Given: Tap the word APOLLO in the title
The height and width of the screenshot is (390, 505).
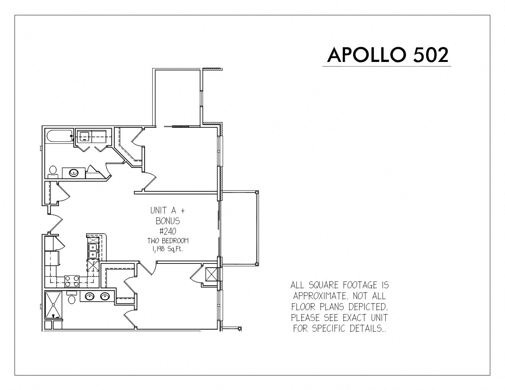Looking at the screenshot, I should tap(366, 55).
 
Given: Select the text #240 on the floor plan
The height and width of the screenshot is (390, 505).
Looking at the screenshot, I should tap(168, 231).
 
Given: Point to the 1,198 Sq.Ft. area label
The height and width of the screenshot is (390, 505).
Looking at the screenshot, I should tap(168, 249).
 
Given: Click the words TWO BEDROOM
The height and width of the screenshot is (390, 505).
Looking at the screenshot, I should tap(168, 240).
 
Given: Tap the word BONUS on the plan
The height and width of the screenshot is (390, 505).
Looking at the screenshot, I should tap(168, 221).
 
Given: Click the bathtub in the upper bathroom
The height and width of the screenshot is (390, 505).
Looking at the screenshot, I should tap(59, 136).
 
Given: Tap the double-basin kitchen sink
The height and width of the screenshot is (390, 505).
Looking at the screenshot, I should tap(93, 251).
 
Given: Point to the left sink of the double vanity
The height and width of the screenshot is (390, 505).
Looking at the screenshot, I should tap(90, 296).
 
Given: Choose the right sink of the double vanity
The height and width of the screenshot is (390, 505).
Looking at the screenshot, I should tap(105, 296).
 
